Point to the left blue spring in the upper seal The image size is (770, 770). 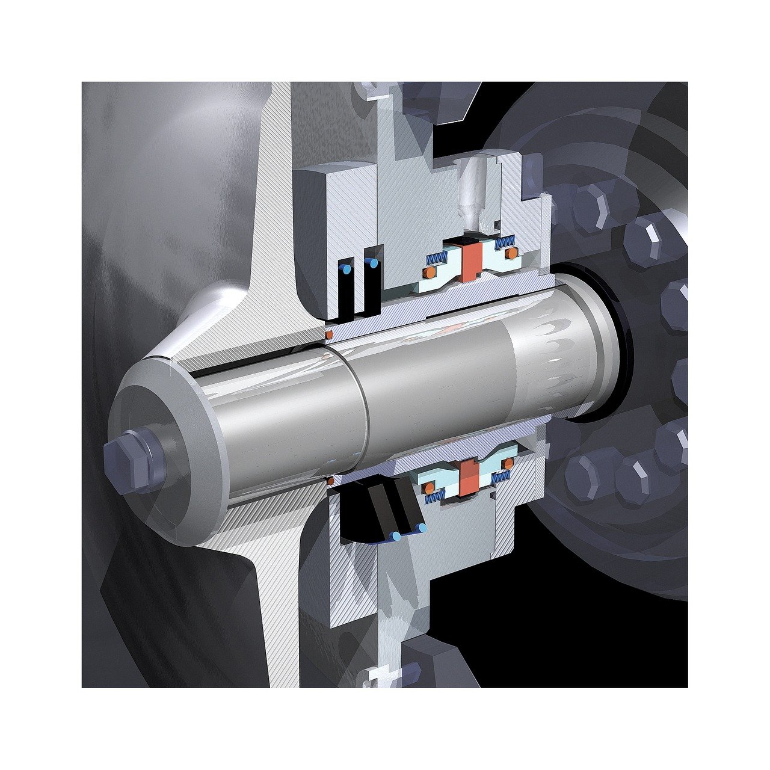437,258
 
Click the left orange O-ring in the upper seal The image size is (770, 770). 429,273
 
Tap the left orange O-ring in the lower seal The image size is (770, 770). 430,486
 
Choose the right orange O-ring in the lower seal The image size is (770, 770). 509,463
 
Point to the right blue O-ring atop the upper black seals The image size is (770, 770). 374,263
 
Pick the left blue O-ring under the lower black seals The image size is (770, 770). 396,535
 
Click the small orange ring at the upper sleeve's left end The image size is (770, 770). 329,333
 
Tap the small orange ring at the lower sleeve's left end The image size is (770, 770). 330,480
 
